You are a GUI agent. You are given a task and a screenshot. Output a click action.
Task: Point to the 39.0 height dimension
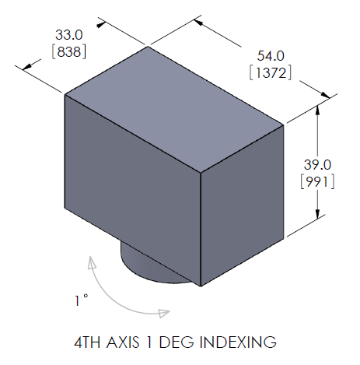pos(316,164)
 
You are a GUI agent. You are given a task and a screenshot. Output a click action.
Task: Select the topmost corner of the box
pos(148,47)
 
